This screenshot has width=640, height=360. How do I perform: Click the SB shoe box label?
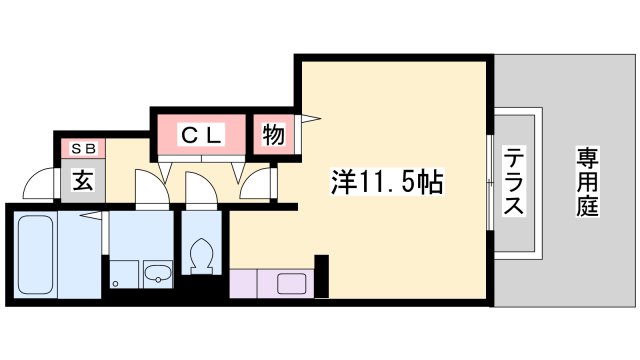coord(83,149)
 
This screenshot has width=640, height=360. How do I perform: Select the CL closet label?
coord(198,134)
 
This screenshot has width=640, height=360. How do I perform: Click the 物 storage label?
coord(272,134)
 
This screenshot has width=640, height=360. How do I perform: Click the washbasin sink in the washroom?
coord(158,272)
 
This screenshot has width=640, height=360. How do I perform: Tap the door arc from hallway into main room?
coord(257,186)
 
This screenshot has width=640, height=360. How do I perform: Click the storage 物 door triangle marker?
coord(311,121)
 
